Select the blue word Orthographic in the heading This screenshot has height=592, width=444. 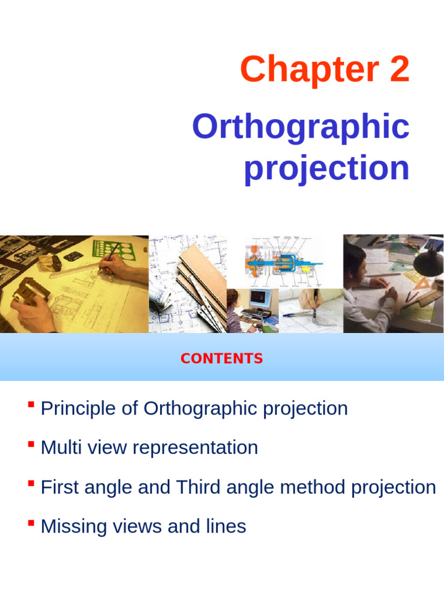coord(301,127)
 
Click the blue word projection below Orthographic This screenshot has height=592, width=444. coord(327,168)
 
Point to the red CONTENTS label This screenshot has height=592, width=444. coord(221,358)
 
